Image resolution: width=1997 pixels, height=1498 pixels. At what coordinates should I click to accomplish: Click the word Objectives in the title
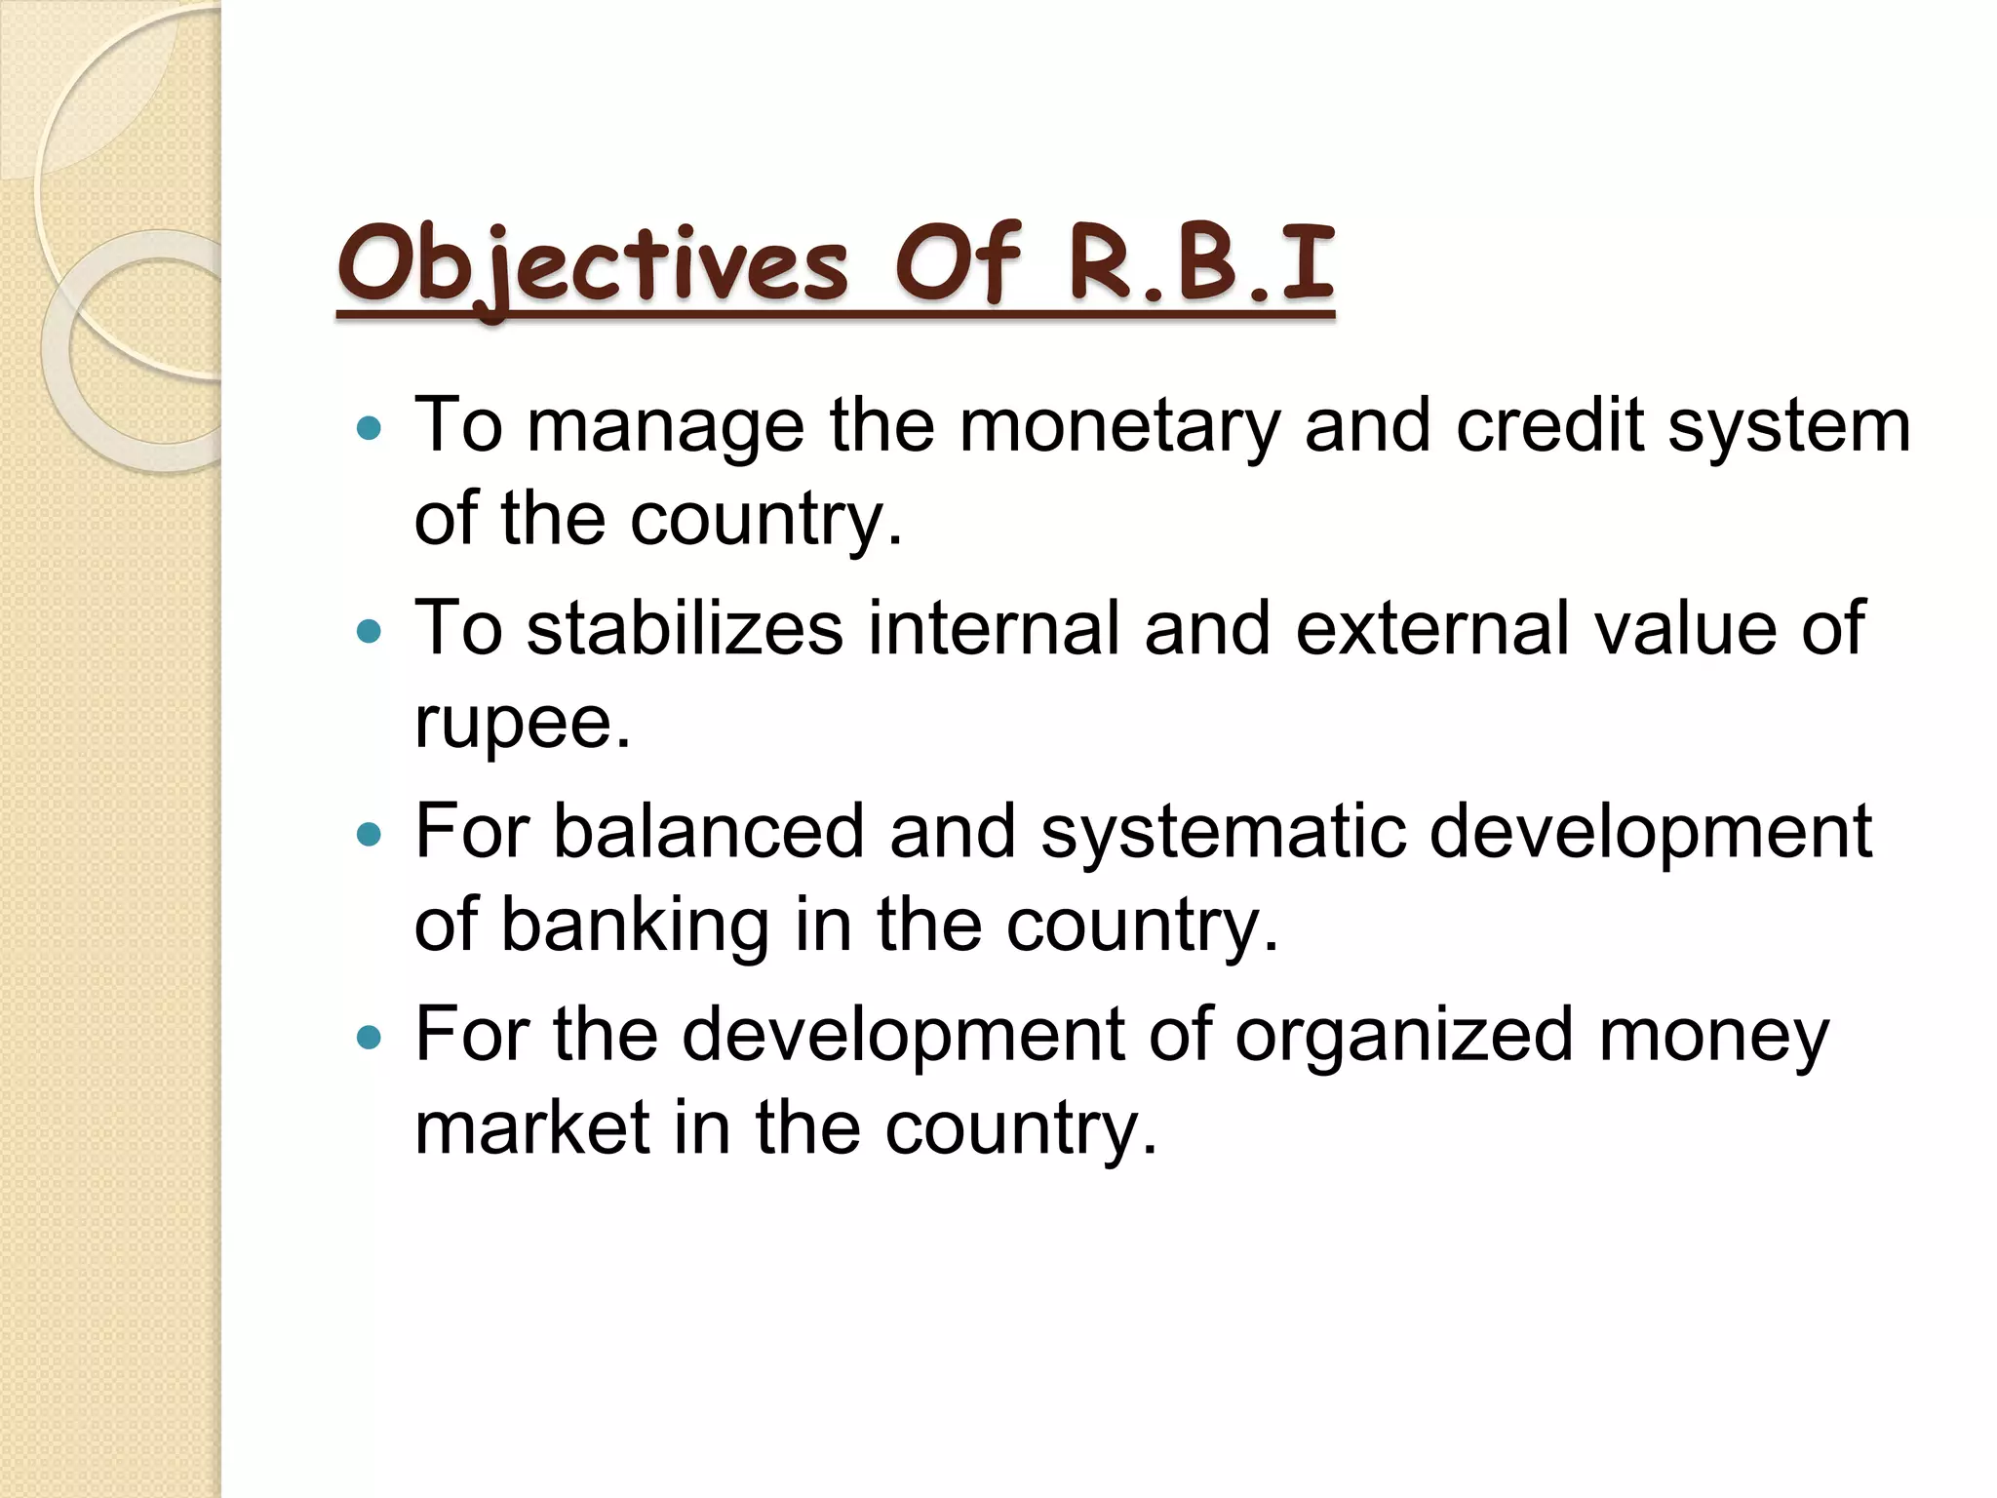593,265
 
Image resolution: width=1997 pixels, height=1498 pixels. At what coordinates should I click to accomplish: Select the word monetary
1118,426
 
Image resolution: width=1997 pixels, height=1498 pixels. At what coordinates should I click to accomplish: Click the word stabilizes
685,629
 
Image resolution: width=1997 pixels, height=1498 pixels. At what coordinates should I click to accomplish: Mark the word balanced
709,832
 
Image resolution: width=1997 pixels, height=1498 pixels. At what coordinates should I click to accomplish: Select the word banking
635,926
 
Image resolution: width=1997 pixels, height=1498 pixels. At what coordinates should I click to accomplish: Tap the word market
532,1128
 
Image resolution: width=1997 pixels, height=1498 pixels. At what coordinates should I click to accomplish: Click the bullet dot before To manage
369,428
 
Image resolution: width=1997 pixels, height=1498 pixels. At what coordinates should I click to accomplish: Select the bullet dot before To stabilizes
369,632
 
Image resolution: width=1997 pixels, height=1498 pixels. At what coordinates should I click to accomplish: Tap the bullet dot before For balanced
369,835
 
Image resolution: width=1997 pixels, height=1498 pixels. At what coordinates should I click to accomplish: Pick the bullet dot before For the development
369,1037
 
